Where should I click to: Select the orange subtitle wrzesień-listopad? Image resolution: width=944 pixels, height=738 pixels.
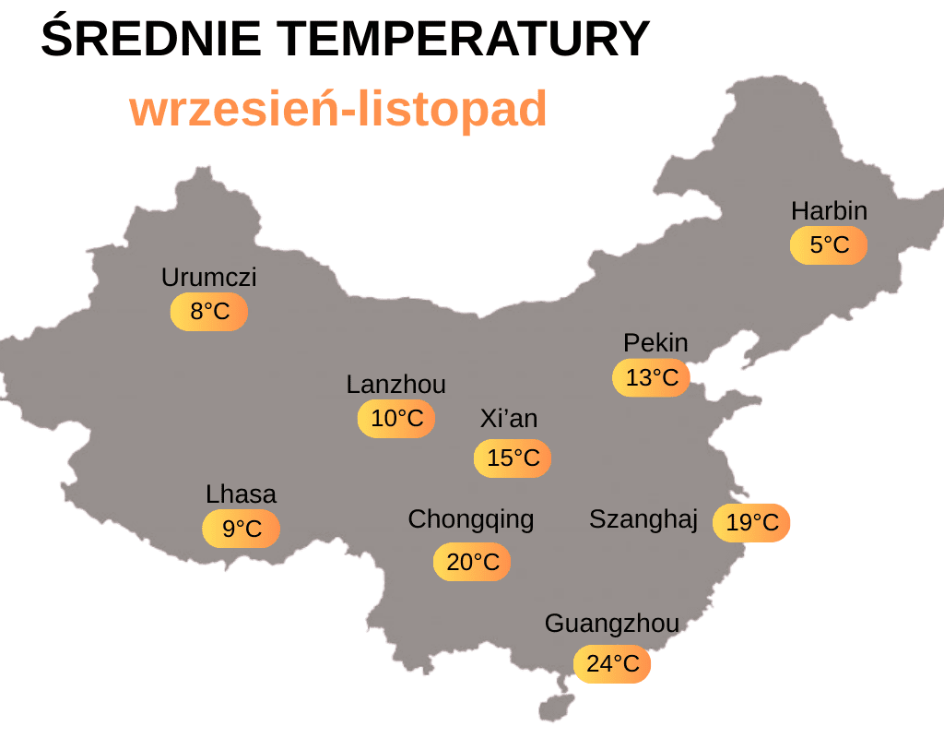(338, 109)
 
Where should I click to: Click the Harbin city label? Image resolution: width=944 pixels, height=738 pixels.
(829, 211)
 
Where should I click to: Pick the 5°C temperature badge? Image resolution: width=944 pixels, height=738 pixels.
(829, 245)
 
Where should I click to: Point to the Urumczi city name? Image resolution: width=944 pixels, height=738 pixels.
(209, 278)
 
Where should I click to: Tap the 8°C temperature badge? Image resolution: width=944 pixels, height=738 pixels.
(209, 312)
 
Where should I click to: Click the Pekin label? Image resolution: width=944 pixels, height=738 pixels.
(655, 343)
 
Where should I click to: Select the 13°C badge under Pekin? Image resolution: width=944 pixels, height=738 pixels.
(652, 377)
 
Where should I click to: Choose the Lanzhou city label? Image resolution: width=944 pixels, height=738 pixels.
(396, 385)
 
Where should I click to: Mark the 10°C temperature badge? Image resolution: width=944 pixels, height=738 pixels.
(396, 419)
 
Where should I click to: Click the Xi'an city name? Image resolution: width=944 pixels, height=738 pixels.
(509, 420)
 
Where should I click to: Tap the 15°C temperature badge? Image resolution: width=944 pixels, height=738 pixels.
(513, 458)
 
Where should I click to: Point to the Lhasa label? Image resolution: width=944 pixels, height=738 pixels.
(241, 494)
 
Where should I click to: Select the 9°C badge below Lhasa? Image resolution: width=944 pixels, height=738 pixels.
(242, 530)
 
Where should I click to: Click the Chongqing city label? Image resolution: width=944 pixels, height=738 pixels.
(471, 519)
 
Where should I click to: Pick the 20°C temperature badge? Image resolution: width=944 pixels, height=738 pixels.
(472, 562)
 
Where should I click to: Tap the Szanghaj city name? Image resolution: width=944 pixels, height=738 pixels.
(643, 519)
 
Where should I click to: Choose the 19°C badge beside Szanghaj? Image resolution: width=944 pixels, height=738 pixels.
(751, 523)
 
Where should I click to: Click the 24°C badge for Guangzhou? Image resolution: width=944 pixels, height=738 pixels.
(612, 664)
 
